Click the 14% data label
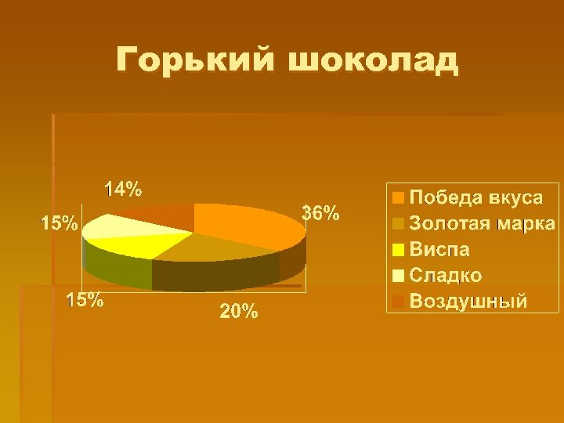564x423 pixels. click(124, 189)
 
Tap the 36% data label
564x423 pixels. click(320, 212)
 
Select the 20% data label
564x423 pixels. click(238, 312)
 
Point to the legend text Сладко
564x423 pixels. click(446, 275)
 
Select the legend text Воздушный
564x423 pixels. click(468, 301)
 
